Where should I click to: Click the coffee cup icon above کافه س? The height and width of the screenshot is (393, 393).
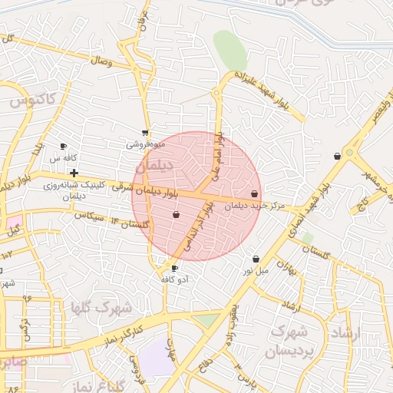point(63,146)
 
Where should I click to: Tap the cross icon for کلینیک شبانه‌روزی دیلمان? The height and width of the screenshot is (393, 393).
point(74,173)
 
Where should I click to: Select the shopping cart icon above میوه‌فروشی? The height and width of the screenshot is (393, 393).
point(145,132)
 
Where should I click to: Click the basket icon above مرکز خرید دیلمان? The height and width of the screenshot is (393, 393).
point(255,194)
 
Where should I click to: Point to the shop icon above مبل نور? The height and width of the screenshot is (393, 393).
point(256,259)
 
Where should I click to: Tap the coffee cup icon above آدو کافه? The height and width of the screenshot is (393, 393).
point(174,269)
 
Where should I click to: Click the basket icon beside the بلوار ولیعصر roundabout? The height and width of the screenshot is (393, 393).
point(337,157)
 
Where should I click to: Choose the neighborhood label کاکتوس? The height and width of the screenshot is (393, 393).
point(32,99)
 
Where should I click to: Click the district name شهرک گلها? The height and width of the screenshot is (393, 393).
point(101,307)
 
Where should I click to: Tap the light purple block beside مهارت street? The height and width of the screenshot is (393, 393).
point(157,358)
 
